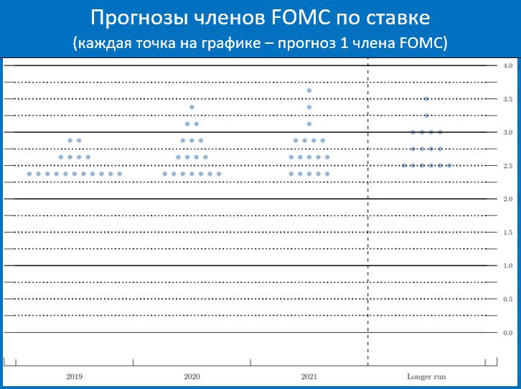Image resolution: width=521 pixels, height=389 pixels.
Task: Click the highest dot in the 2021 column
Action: (309, 90)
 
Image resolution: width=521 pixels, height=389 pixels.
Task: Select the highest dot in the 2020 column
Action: (192, 107)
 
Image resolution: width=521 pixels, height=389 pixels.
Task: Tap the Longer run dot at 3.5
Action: (427, 98)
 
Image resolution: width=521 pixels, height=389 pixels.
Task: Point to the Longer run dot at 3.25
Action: (427, 116)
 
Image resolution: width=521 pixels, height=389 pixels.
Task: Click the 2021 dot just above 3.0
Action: (309, 124)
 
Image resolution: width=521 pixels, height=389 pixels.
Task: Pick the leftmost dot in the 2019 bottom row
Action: (29, 174)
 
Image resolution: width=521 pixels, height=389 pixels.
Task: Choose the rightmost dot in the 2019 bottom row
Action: (120, 174)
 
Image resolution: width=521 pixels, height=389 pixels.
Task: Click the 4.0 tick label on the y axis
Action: (507, 66)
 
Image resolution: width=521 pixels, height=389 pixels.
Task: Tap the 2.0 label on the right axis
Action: (507, 199)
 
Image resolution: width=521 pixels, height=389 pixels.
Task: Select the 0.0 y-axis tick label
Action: (507, 333)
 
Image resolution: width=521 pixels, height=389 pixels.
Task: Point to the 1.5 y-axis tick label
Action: (507, 233)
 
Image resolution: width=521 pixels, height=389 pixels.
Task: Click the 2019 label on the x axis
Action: (74, 377)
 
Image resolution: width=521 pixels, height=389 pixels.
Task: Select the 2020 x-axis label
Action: (192, 377)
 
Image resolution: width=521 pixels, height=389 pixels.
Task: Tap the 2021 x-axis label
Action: (309, 377)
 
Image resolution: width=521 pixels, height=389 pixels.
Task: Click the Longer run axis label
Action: (426, 377)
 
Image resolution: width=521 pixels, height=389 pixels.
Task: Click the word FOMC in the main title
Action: (301, 18)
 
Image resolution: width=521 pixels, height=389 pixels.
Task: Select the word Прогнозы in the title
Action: (139, 19)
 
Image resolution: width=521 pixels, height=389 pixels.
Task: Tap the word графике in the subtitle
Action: (231, 44)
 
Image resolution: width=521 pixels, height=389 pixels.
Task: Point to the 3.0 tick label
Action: (507, 132)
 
